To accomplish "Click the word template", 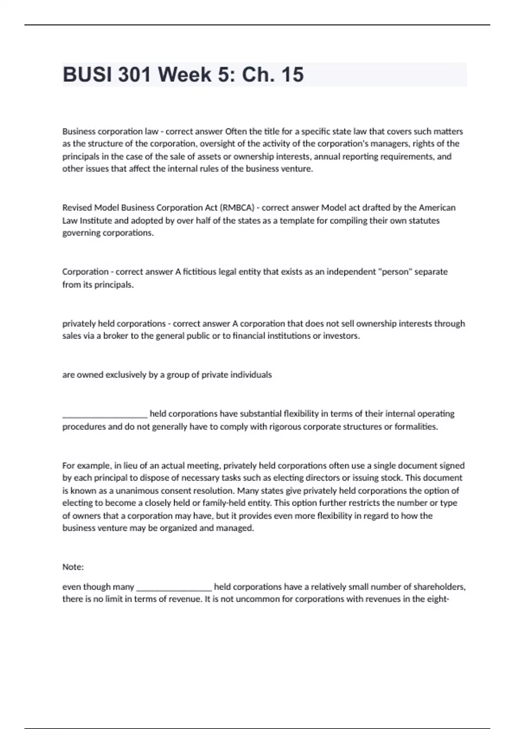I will (x=296, y=221).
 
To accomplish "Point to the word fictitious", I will (x=200, y=272).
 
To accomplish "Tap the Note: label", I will (x=73, y=567).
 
